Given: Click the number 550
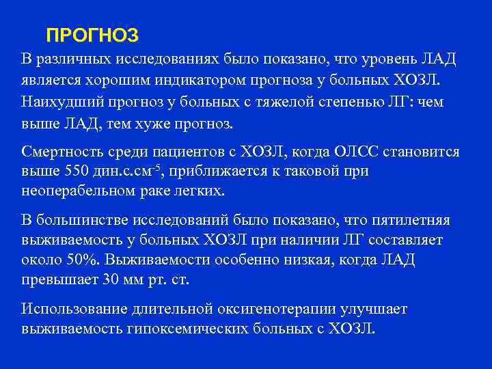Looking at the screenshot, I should pyautogui.click(x=77, y=171).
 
